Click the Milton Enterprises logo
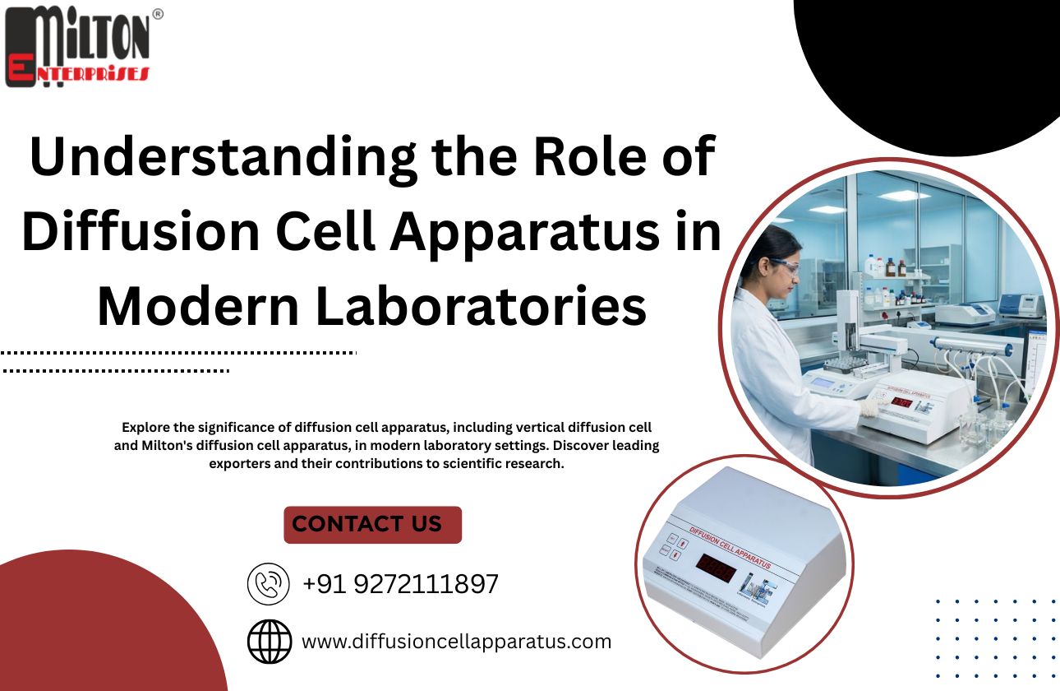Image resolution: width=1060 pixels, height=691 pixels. click(x=78, y=46)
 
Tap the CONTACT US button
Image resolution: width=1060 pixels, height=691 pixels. click(x=372, y=524)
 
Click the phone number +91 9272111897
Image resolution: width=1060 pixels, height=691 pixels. click(x=400, y=584)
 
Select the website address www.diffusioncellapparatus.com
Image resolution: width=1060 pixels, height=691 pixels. click(x=456, y=641)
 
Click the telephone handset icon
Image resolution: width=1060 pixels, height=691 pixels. click(x=269, y=584)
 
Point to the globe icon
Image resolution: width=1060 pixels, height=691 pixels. click(x=270, y=642)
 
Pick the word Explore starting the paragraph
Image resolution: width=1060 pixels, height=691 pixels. click(x=148, y=428)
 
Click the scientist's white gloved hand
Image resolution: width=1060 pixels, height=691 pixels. click(x=869, y=406)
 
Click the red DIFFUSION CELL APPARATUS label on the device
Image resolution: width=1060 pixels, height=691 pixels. click(x=728, y=549)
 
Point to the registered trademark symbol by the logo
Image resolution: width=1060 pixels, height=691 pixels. click(x=158, y=13)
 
